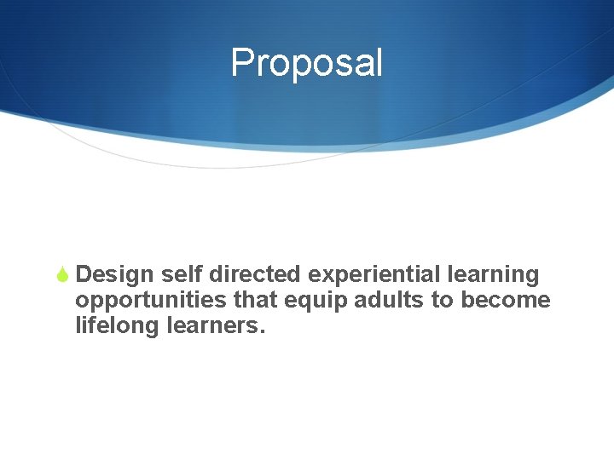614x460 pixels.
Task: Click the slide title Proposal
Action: click(x=307, y=63)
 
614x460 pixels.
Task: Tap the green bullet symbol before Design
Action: click(x=62, y=275)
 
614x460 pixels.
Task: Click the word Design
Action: click(x=114, y=275)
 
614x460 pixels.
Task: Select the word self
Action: click(x=181, y=275)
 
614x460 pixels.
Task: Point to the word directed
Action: click(x=255, y=275)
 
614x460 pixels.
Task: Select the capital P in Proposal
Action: click(x=242, y=63)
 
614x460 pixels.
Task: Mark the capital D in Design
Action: click(x=84, y=275)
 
